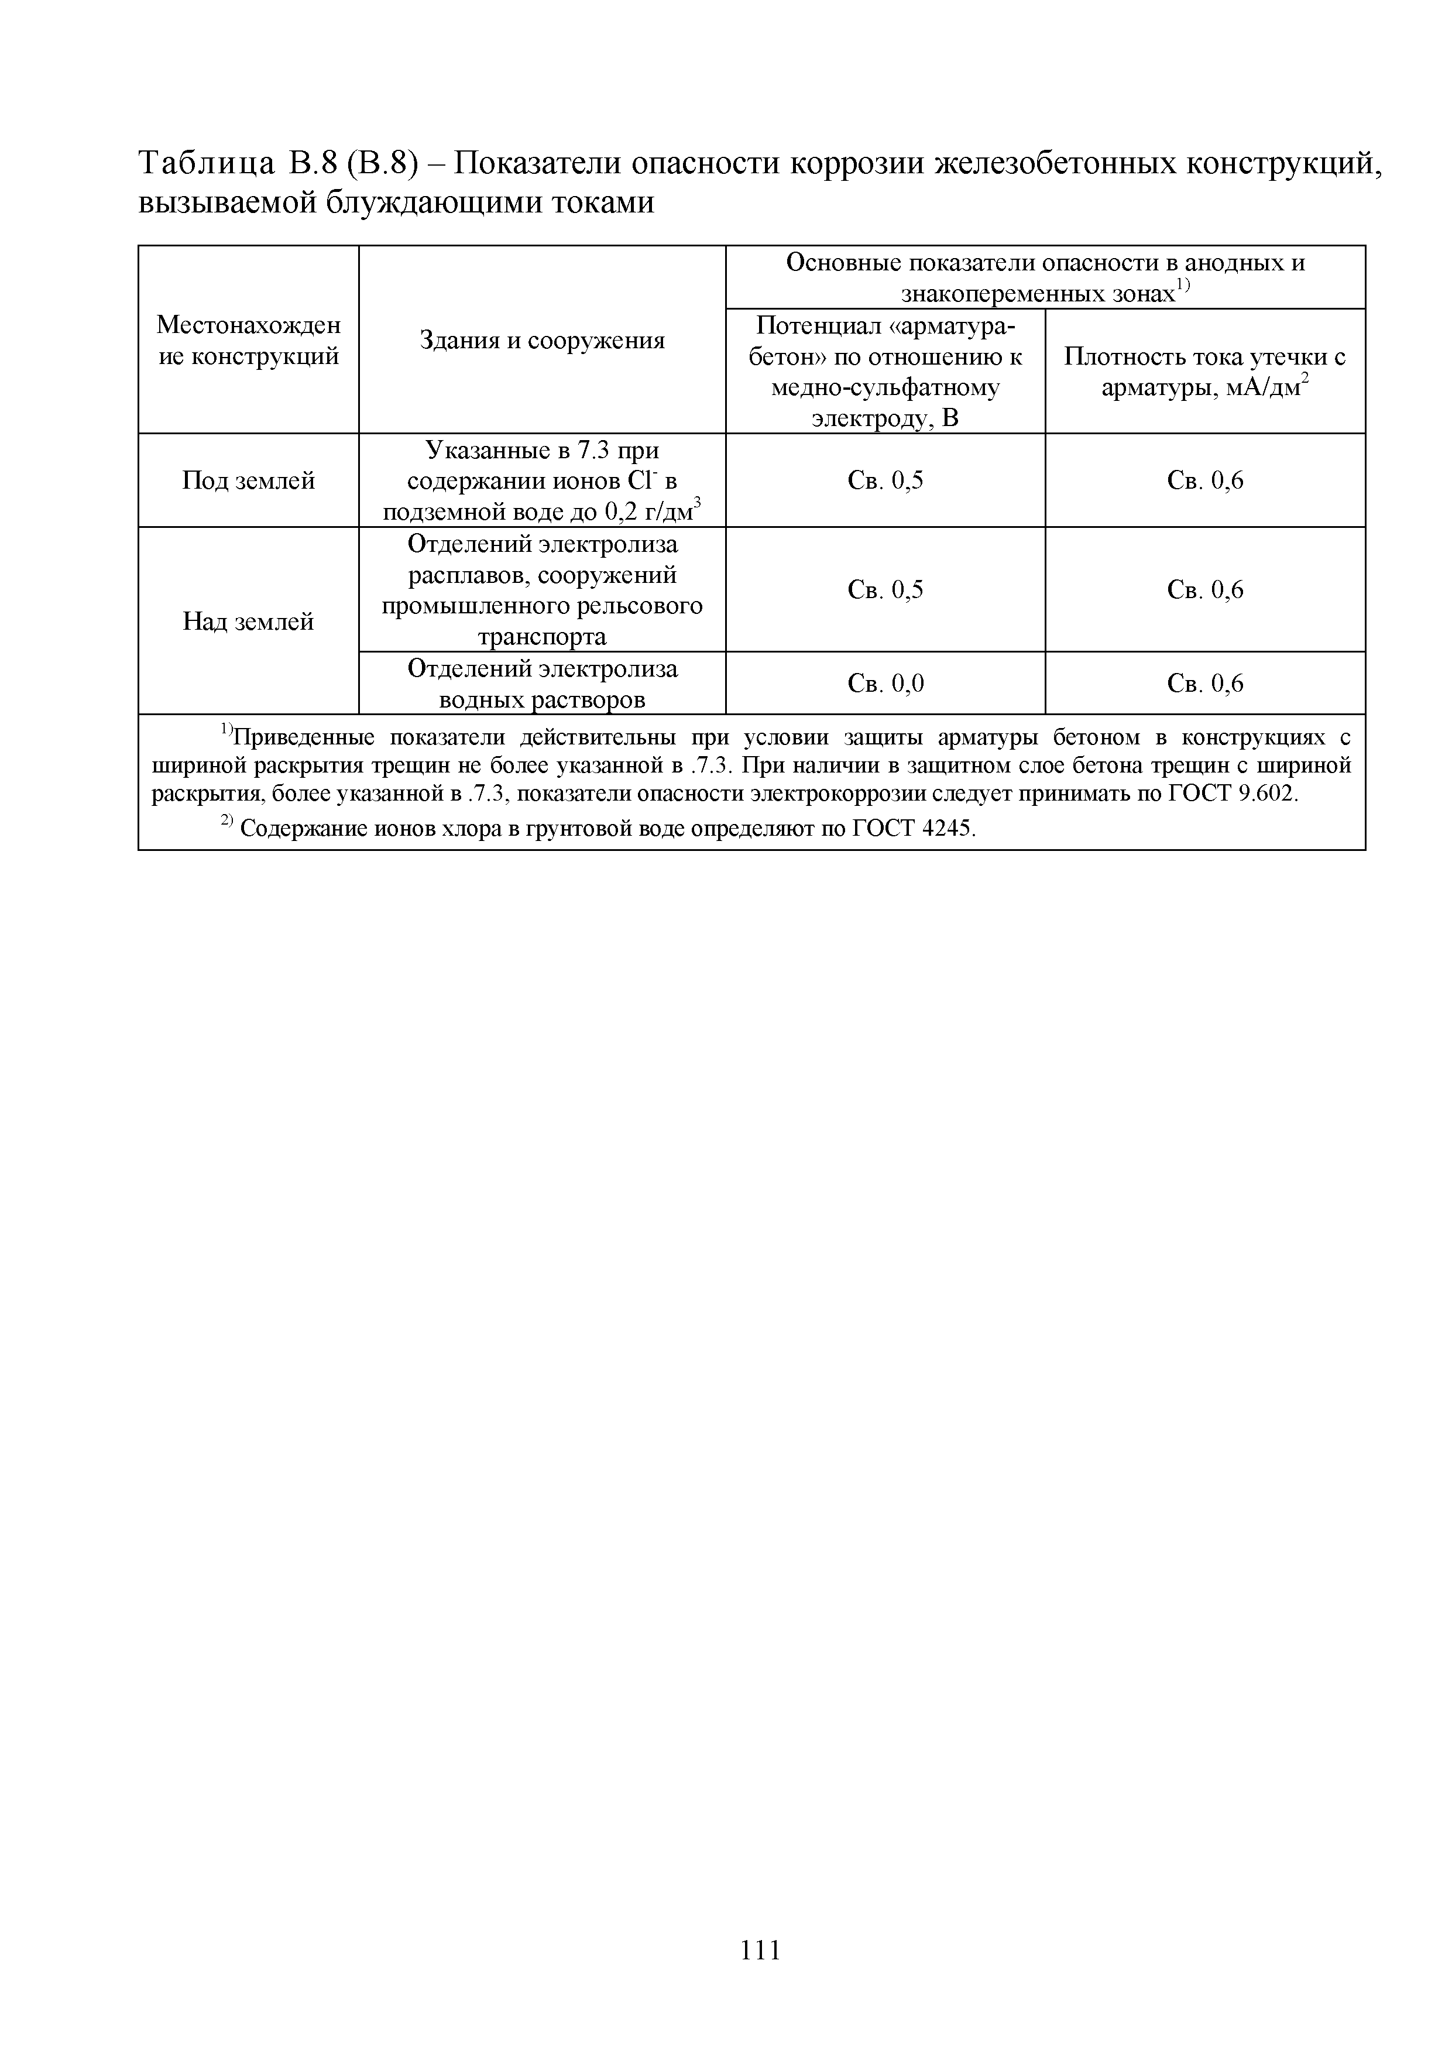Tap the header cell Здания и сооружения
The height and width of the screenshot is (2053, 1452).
coord(542,341)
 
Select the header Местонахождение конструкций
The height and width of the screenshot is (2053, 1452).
coord(249,341)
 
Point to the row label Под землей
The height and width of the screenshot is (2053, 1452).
coord(249,481)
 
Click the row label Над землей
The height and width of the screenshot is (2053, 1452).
coord(249,622)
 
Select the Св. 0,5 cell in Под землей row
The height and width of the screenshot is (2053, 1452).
coord(885,481)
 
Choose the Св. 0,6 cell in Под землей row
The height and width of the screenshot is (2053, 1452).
coord(1204,481)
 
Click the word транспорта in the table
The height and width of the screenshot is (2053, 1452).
coord(542,637)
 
